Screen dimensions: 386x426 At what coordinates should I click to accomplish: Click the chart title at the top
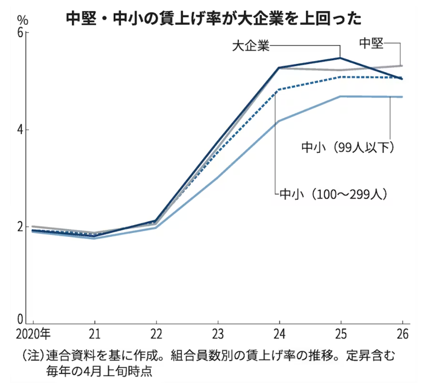pyautogui.click(x=213, y=18)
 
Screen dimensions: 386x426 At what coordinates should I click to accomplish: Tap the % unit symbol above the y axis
pyautogui.click(x=22, y=20)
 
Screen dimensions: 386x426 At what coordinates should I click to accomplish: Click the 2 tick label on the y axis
pyautogui.click(x=20, y=226)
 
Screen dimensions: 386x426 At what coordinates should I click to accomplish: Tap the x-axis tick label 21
pyautogui.click(x=94, y=333)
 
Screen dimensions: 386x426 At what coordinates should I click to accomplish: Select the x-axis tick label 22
pyautogui.click(x=156, y=333)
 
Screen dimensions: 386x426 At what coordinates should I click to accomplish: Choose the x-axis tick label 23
pyautogui.click(x=218, y=333)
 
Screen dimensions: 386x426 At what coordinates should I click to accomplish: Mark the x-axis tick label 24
pyautogui.click(x=279, y=333)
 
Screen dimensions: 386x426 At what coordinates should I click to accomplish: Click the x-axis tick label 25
pyautogui.click(x=341, y=333)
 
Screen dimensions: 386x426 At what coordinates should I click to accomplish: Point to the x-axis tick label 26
pyautogui.click(x=402, y=333)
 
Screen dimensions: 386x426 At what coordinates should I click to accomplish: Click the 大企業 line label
pyautogui.click(x=250, y=45)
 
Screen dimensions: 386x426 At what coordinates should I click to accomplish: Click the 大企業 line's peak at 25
pyautogui.click(x=340, y=58)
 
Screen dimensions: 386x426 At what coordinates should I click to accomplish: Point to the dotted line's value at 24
pyautogui.click(x=279, y=90)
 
